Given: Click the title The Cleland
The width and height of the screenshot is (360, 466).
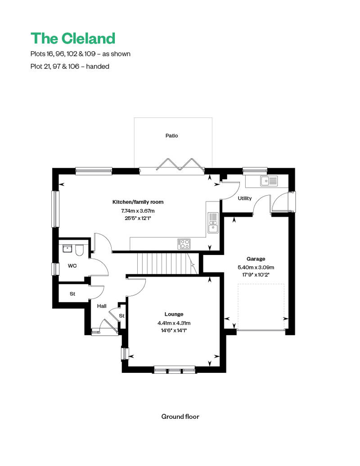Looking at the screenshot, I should (x=72, y=38).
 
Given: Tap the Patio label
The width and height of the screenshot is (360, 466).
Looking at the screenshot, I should (x=171, y=135).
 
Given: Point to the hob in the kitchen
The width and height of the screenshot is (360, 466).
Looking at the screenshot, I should (x=184, y=243).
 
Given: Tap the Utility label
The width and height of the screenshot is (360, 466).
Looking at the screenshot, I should (x=245, y=198).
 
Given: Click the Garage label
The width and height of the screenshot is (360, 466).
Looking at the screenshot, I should (x=256, y=259).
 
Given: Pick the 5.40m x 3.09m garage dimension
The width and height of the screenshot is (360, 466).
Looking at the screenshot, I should (x=256, y=267).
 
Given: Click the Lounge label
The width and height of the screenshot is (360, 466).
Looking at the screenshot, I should (x=174, y=314).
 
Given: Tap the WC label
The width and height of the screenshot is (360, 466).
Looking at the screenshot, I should (x=72, y=266).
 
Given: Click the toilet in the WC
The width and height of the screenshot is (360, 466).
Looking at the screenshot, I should (x=79, y=250).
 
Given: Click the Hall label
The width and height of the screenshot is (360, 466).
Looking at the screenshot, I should (x=102, y=306).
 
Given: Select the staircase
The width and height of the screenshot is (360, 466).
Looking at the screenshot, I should (x=166, y=263).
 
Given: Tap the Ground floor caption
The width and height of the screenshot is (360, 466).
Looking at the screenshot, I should (x=180, y=417).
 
